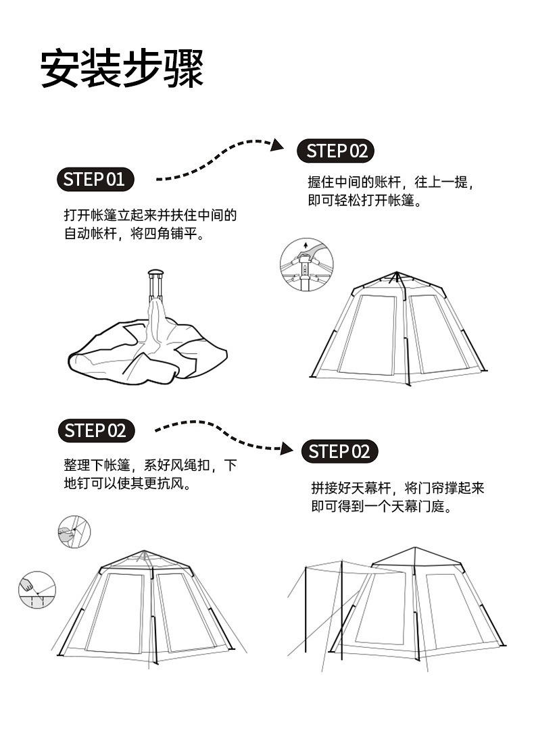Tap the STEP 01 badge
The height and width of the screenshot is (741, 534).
[x=95, y=179]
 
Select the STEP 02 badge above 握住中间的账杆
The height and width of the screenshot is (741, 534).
[x=336, y=151]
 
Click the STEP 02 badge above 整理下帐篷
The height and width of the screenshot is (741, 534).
[x=95, y=430]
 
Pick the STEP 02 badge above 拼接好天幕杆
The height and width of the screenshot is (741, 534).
[x=339, y=451]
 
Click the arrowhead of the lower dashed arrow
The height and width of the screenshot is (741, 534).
[x=287, y=448]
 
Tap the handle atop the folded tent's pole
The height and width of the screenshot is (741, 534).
[x=156, y=274]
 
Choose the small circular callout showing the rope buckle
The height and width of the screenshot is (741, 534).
[x=74, y=531]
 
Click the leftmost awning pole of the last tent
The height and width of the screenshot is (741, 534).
[x=306, y=608]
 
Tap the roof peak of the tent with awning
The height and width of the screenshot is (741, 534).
[x=416, y=548]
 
